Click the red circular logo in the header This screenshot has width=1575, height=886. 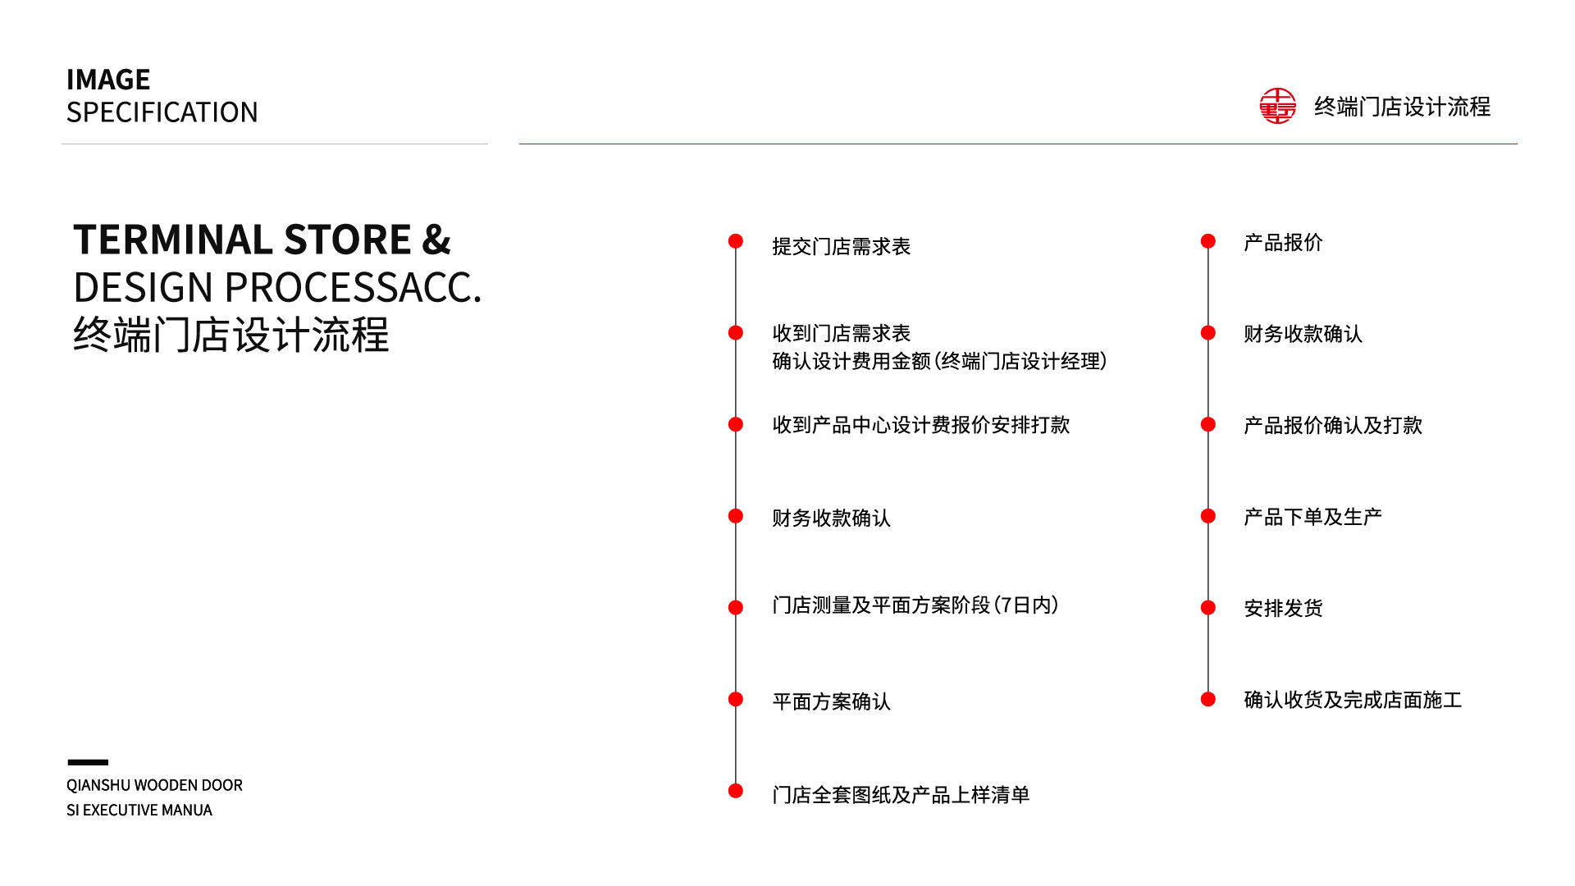(x=1277, y=106)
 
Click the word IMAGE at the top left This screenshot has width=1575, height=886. (x=108, y=80)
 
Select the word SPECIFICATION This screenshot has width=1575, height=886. (x=162, y=112)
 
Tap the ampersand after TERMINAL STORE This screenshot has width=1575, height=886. (x=436, y=240)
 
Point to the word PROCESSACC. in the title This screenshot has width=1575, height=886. (x=353, y=287)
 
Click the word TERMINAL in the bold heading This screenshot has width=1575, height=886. (x=173, y=240)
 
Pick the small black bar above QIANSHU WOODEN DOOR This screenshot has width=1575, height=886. (x=88, y=762)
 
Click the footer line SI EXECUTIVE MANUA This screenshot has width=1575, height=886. (x=139, y=810)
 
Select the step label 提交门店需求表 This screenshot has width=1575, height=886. (x=841, y=246)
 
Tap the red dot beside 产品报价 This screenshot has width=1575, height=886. (x=1207, y=241)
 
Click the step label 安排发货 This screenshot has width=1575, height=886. (x=1283, y=608)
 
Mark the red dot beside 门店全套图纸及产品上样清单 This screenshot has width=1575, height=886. (x=736, y=791)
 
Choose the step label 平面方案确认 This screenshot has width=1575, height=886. (x=831, y=701)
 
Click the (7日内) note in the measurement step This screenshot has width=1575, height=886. (x=1026, y=605)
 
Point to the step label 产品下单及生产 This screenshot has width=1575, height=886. (x=1312, y=517)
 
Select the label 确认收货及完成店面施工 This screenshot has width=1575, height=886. (x=1353, y=700)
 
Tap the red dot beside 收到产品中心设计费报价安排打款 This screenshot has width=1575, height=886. (x=736, y=424)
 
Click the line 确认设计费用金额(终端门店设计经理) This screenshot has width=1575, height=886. (x=939, y=361)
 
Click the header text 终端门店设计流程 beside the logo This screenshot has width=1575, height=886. (x=1402, y=107)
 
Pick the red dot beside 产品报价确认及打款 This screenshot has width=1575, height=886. (x=1207, y=424)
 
